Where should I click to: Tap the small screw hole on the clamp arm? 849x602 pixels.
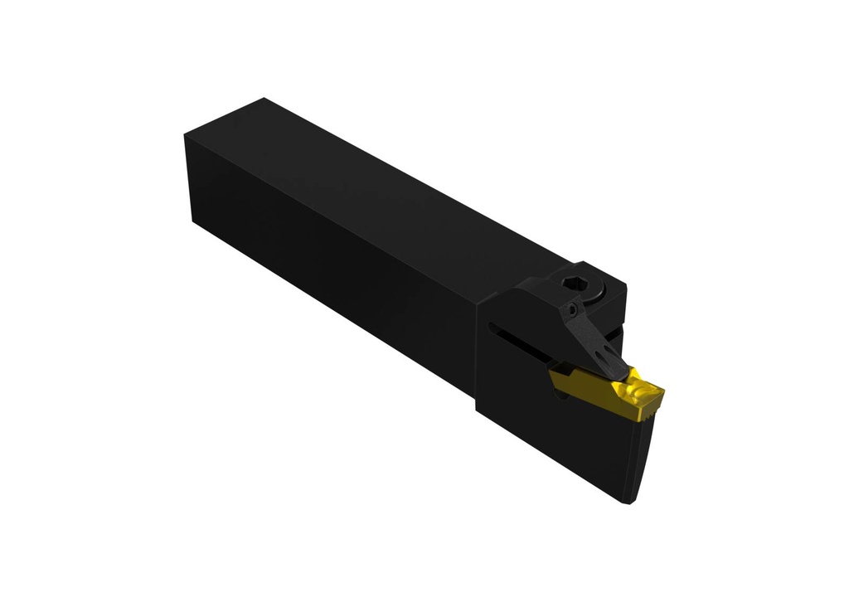pyautogui.click(x=573, y=309)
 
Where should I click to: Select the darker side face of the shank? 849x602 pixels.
pyautogui.click(x=332, y=265)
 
